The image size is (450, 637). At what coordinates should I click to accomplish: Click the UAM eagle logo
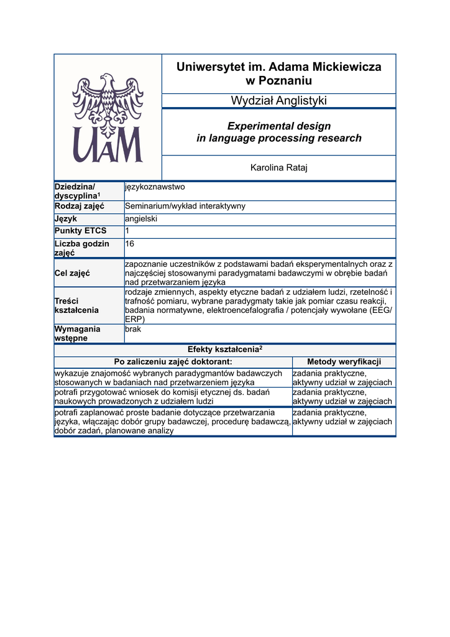click(108, 118)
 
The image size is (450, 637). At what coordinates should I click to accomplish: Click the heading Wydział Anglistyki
click(278, 101)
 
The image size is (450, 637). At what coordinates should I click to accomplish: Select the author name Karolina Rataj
click(278, 167)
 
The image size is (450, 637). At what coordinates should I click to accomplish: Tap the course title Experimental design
click(278, 126)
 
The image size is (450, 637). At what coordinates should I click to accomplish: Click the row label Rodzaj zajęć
click(80, 206)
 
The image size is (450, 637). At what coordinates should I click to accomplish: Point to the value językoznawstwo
click(155, 187)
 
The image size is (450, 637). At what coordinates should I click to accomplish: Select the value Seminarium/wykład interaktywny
click(185, 206)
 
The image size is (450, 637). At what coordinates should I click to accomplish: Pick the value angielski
click(141, 219)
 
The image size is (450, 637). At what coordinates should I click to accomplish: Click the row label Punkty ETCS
click(81, 231)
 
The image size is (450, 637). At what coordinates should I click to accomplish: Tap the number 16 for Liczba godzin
click(130, 244)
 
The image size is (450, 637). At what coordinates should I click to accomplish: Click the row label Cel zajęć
click(73, 272)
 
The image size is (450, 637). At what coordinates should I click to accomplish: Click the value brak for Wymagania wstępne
click(133, 329)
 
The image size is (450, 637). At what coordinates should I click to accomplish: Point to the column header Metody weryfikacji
click(344, 362)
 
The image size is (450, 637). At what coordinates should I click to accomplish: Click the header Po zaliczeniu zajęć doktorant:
click(173, 362)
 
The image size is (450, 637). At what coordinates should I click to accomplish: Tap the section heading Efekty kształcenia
click(224, 350)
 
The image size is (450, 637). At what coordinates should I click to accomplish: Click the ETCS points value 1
click(127, 231)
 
